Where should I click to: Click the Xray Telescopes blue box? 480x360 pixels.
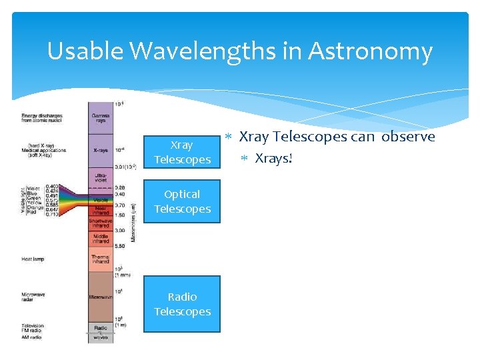(x=182, y=152)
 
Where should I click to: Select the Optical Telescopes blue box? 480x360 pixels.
(x=182, y=201)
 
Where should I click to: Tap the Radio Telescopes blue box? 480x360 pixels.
(x=182, y=304)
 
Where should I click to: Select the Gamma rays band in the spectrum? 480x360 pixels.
(x=101, y=117)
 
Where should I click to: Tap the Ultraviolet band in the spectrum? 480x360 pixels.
(x=101, y=177)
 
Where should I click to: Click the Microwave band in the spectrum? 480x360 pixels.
(x=101, y=296)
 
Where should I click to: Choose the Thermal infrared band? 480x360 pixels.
(x=101, y=260)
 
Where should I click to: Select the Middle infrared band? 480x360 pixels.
(x=101, y=238)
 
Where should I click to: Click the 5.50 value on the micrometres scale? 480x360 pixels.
(x=119, y=246)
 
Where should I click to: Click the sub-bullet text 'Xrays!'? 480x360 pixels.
(x=274, y=159)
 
